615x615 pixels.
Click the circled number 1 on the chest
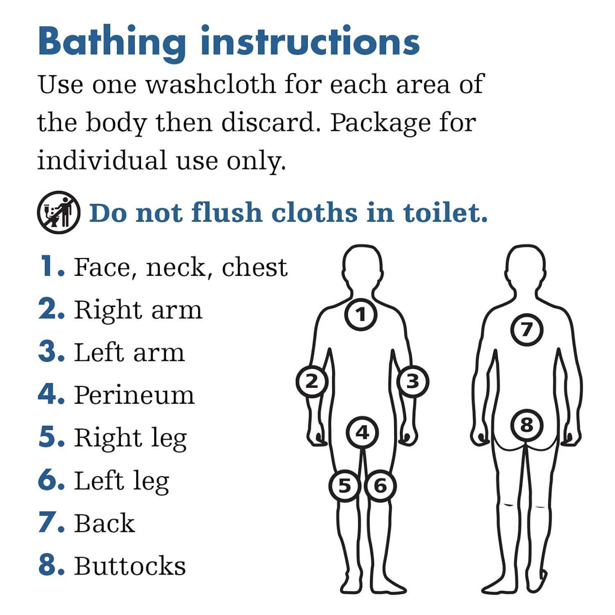click(360, 314)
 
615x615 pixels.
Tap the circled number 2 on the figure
click(312, 381)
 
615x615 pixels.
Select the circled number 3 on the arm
click(412, 381)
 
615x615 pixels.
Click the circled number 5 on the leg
click(345, 486)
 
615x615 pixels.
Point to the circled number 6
click(380, 486)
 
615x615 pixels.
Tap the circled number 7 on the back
click(527, 329)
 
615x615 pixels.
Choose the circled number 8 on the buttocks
click(527, 425)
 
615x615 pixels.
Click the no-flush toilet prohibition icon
click(59, 212)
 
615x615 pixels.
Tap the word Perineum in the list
click(134, 395)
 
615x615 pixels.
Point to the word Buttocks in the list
click(130, 566)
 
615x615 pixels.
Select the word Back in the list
click(105, 523)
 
